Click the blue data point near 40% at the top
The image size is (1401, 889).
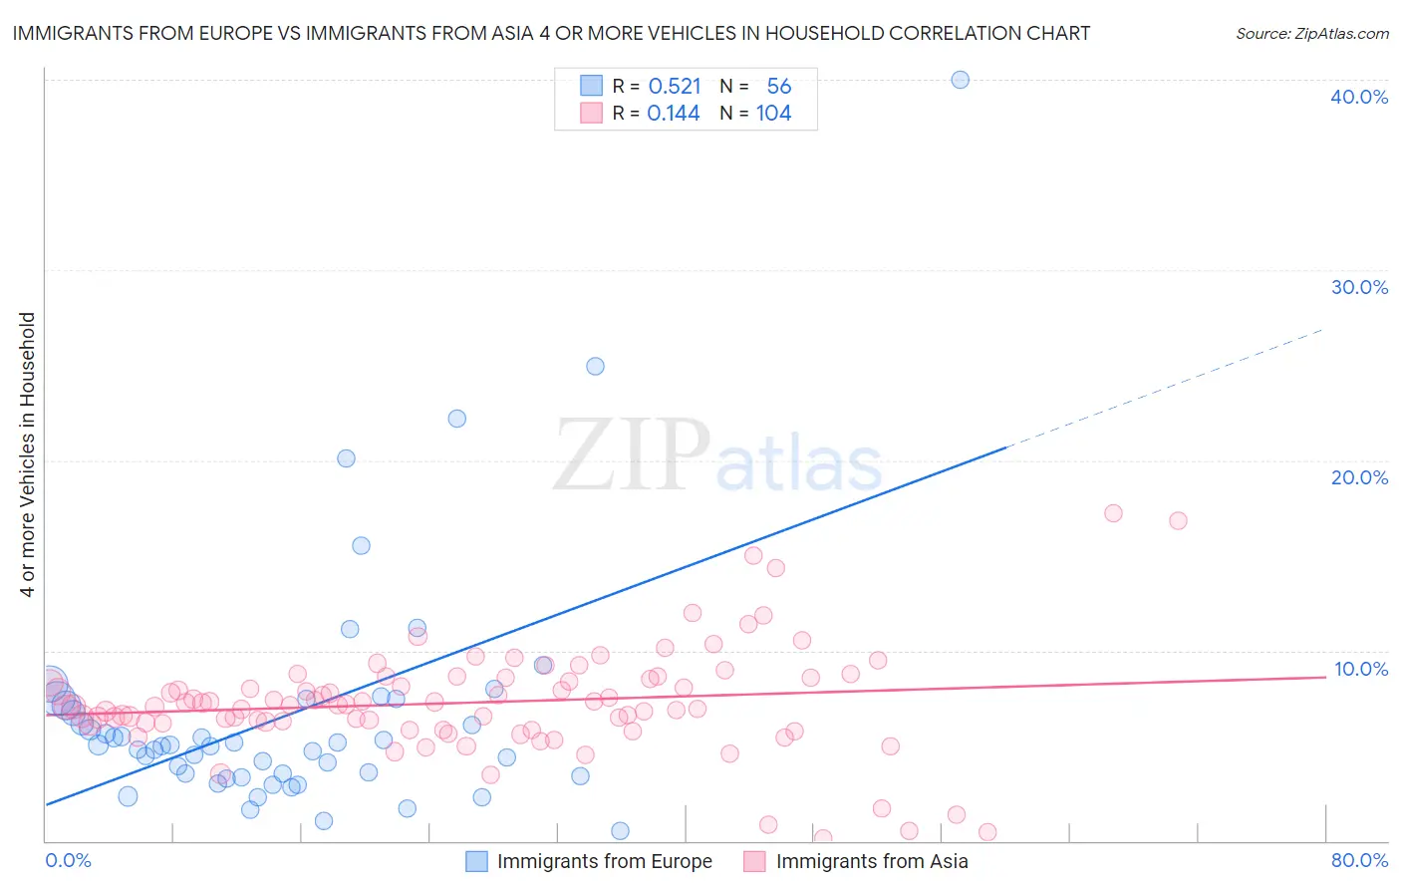960,80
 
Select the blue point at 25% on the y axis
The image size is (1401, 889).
595,366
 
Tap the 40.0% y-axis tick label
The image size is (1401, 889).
1359,97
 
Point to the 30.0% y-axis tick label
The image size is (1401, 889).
1359,287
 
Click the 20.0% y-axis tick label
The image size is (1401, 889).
1359,477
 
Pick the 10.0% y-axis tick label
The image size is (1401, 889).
1360,669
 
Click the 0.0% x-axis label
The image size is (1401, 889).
68,860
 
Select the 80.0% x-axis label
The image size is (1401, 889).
1359,860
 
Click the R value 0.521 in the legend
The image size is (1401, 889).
675,87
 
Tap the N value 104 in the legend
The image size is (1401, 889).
773,114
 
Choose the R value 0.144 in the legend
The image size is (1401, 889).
674,114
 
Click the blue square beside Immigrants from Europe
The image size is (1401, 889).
477,861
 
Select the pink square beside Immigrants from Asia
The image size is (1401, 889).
754,861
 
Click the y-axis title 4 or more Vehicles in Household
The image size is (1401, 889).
28,454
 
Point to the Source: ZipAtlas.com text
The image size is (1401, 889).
1311,34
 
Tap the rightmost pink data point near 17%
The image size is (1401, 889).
1178,520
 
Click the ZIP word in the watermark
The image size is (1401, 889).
632,455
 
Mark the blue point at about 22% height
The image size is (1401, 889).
456,419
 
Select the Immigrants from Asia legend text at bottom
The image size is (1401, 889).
872,861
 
